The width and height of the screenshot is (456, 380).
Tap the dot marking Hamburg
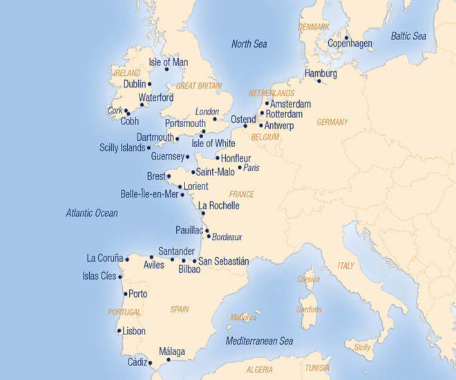[319, 81]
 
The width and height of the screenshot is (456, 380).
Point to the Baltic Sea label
[408, 36]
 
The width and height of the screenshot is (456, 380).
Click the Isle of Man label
[168, 62]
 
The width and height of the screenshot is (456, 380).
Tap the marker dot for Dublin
[149, 84]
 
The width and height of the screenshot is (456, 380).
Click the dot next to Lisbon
[120, 331]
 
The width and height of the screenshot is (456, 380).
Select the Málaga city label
[172, 352]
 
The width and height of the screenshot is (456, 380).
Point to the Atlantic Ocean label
[92, 213]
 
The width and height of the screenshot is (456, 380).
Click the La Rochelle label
[218, 206]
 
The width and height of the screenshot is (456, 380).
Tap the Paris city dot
[240, 167]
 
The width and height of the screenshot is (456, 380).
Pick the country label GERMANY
[332, 122]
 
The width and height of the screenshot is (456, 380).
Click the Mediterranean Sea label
[259, 341]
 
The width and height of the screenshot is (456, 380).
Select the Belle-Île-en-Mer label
[149, 194]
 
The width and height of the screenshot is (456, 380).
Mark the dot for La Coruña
[127, 260]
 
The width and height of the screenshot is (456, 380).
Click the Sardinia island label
[308, 310]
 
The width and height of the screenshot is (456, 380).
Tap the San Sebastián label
[223, 262]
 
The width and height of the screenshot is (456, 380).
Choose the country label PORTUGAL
[124, 312]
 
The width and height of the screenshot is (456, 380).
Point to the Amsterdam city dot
[267, 104]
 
